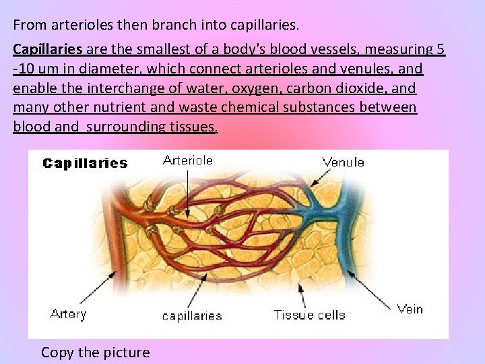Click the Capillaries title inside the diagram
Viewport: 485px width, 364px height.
85,163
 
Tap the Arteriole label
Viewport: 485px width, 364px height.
188,160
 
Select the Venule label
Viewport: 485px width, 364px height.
344,162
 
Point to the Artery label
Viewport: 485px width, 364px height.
69,314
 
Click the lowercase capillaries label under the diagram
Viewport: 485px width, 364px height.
192,315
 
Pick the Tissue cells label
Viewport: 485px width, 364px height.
309,315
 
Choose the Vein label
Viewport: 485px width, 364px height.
410,309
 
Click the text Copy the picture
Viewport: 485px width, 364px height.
96,353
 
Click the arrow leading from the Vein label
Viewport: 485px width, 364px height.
371,292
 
